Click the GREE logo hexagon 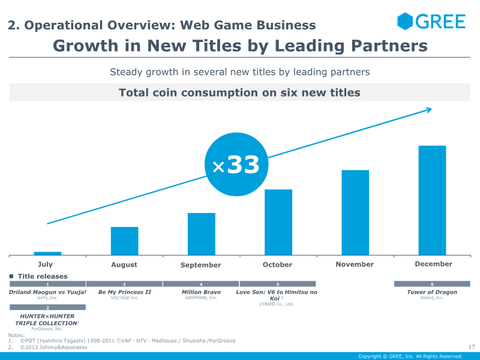pos(406,22)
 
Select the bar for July pos(47,253)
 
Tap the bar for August pos(124,241)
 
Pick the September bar pos(201,233)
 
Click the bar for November pos(355,212)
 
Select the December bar pos(432,200)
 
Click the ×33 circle pos(235,166)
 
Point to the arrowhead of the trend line pos(429,109)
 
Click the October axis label pos(278,265)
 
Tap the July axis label pos(45,264)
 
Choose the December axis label pos(434,264)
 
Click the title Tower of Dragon pos(432,292)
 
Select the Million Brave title pos(201,292)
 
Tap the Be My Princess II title pos(124,292)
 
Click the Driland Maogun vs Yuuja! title pos(47,292)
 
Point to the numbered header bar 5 pos(278,284)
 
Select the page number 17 pos(471,346)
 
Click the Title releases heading pos(43,277)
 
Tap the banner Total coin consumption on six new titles pos(239,92)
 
